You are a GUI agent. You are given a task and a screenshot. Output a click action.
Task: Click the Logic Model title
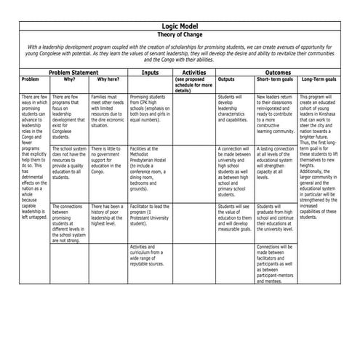coord(180,25)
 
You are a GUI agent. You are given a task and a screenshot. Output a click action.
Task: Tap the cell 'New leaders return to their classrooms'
coord(276,114)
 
